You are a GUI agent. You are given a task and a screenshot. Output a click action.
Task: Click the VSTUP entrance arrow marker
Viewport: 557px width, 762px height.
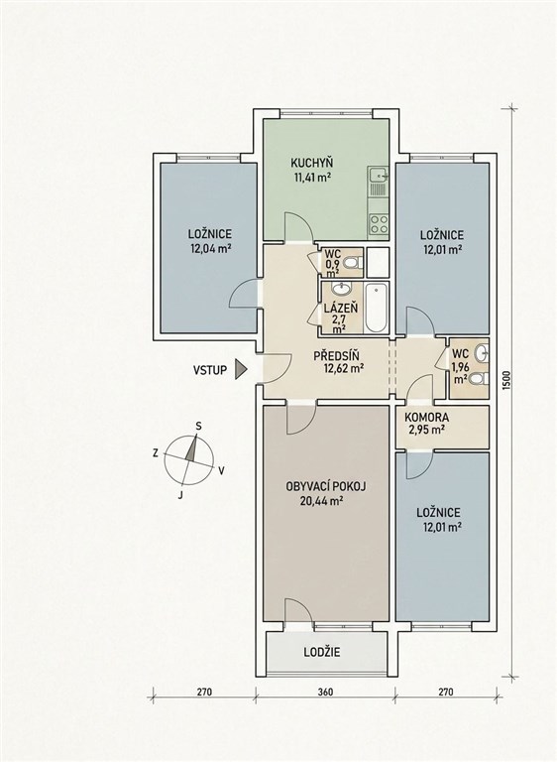coord(241,369)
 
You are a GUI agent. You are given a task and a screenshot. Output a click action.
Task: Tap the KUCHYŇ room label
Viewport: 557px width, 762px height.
coord(312,163)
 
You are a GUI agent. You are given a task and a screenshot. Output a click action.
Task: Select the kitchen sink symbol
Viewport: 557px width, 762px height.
coord(378,174)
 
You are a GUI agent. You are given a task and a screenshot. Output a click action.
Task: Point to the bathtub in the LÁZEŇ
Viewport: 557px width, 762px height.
coord(377,308)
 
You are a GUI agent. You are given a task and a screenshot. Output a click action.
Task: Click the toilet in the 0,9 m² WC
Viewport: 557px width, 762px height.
coord(351,263)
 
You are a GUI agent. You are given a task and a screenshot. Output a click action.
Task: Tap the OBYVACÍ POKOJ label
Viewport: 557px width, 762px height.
coord(326,486)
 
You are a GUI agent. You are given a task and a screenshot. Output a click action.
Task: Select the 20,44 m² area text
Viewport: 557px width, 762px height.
coord(322,500)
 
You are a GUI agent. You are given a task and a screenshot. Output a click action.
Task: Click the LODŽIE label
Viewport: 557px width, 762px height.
coord(322,652)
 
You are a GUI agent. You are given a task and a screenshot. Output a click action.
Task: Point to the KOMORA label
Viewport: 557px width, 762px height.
coord(427,417)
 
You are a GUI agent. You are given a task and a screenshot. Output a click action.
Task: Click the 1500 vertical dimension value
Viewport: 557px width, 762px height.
coord(507,381)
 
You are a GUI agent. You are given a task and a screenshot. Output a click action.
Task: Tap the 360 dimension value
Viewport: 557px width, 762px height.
coord(325,692)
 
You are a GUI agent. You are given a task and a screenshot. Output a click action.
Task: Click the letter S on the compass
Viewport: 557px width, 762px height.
coord(198,427)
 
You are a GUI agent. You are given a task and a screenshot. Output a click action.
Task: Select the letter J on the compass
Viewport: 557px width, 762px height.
coord(180,496)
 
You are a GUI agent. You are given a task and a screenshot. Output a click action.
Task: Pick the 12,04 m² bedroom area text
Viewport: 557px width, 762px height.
coord(210,249)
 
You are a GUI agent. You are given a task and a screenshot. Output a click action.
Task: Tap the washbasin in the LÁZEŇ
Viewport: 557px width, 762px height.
coord(342,289)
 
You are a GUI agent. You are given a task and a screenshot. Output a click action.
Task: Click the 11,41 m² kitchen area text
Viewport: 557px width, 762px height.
coord(312,177)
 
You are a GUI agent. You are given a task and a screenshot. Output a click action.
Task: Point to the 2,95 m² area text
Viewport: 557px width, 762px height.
coord(426,430)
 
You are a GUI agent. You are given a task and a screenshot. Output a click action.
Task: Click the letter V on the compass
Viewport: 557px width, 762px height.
coord(221,470)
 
